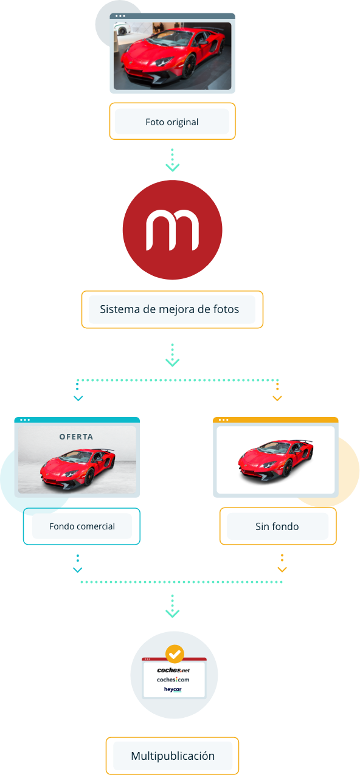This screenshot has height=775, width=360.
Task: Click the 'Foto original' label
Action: tap(172, 122)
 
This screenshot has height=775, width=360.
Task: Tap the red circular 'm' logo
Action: tap(172, 230)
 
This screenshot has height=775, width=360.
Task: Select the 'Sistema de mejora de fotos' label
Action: tap(169, 309)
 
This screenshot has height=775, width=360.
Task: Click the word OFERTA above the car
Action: tap(76, 437)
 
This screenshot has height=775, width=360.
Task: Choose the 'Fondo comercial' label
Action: tap(81, 526)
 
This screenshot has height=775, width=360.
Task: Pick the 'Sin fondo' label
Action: tap(277, 526)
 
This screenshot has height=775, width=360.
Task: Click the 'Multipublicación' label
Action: tap(173, 756)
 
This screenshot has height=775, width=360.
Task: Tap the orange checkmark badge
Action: tap(175, 653)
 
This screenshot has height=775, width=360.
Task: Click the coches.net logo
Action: tap(173, 670)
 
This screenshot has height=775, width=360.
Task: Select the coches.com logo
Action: tap(173, 680)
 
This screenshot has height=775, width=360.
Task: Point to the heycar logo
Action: tap(173, 689)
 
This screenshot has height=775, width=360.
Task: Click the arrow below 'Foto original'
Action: tap(172, 160)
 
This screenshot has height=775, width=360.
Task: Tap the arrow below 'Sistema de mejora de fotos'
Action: tap(172, 355)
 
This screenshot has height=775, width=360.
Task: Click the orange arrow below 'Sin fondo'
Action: tap(282, 563)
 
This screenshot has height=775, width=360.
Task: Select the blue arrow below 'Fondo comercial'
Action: tap(78, 563)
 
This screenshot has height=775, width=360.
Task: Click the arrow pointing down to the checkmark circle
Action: tap(172, 606)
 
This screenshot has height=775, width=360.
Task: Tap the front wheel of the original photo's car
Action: tap(189, 66)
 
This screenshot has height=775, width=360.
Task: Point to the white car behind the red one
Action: tap(122, 29)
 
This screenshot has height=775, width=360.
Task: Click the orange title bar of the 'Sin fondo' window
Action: tap(275, 420)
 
